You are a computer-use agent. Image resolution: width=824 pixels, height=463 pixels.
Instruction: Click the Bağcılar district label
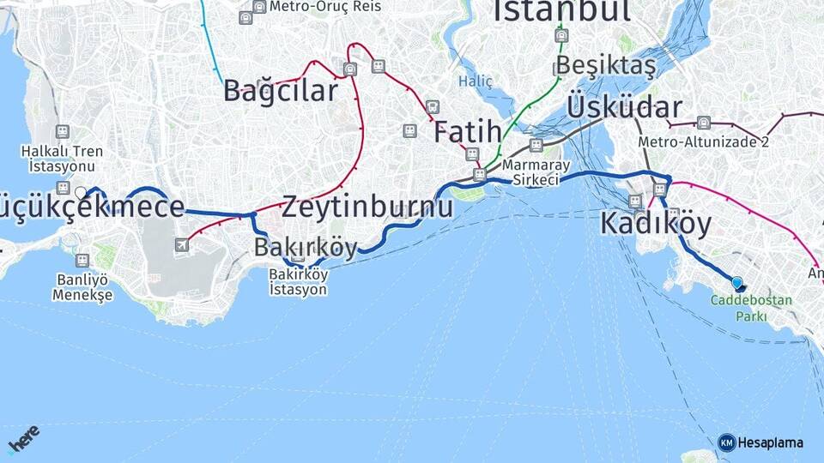pos(281,91)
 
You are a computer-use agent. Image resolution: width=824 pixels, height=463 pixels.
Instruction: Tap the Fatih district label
pos(467,132)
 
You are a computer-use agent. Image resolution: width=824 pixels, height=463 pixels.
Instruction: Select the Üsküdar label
pos(624,107)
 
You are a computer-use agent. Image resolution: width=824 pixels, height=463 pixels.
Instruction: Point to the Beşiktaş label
pos(605,65)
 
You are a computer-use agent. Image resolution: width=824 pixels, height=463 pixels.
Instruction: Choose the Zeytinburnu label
pos(367,207)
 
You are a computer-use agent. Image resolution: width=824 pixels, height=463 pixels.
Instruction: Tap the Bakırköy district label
pos(306,248)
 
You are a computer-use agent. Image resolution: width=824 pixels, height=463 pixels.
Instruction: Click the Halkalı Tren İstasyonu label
pos(62,158)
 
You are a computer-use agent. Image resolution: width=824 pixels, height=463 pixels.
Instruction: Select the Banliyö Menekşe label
pos(82,286)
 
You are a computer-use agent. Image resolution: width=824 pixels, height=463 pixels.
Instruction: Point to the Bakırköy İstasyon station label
pos(298,282)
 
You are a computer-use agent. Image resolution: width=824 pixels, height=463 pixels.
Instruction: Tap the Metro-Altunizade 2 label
pos(703,142)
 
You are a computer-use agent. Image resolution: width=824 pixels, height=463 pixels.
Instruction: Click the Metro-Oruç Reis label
pos(312,7)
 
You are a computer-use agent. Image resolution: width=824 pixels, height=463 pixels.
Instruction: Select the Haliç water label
pos(475,81)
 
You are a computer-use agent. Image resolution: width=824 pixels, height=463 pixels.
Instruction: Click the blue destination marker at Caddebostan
pos(737,282)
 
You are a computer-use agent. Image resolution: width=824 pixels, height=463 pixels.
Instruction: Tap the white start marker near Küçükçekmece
pos(81,193)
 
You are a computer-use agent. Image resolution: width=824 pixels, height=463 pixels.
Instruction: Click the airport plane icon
pos(182,245)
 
